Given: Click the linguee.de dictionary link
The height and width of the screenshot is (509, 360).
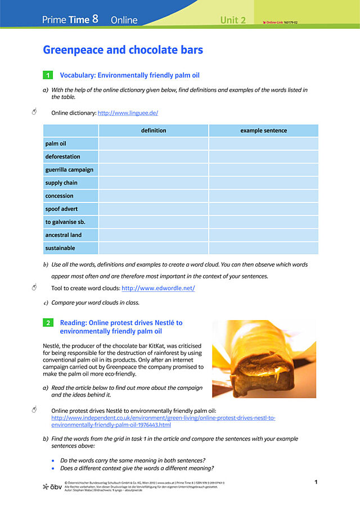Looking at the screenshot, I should [128, 113].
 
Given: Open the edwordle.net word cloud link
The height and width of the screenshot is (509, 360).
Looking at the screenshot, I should [158, 289].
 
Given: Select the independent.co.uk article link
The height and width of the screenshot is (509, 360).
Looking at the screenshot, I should [163, 422].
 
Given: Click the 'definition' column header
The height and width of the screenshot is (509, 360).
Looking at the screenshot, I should [154, 130].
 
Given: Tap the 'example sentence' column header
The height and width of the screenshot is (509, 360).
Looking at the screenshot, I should [263, 130].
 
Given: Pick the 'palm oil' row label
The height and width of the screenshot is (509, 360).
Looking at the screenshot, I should [56, 144].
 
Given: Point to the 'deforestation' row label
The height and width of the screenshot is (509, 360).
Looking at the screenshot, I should [62, 157].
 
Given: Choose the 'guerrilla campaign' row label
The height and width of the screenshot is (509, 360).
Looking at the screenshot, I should [69, 170].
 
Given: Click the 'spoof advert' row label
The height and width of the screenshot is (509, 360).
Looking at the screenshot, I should [61, 209].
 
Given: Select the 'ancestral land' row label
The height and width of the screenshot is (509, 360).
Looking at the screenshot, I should [63, 235].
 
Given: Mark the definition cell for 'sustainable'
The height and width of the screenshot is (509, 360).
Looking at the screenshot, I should [154, 248].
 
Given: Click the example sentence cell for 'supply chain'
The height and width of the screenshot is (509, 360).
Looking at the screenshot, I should [263, 183].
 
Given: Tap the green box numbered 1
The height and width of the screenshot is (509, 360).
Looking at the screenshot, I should [48, 75].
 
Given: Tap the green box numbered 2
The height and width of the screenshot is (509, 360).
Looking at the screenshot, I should [48, 323].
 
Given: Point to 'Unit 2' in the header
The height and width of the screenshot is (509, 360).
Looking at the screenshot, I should [233, 20].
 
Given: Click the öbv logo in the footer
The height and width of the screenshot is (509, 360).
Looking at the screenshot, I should [52, 486].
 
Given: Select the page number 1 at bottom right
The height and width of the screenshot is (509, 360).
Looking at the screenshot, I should [316, 482].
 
